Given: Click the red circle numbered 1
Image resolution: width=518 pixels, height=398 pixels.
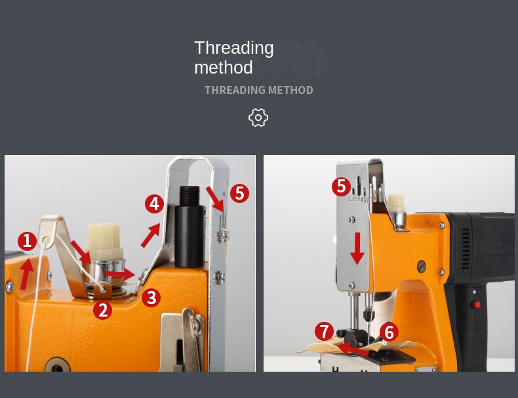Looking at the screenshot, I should (x=27, y=241).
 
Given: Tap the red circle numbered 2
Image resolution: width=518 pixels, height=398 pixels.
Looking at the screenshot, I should (x=102, y=310).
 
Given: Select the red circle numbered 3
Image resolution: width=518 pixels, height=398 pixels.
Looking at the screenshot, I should (x=151, y=298).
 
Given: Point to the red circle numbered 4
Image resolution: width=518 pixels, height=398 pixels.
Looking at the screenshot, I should (x=154, y=204).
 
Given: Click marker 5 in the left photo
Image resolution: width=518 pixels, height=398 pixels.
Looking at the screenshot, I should (x=239, y=193).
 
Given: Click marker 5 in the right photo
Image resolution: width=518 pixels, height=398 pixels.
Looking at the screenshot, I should (x=340, y=187).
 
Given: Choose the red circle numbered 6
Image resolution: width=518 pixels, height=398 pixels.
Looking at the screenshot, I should (x=389, y=332).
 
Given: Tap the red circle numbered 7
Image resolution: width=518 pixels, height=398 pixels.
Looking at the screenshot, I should (x=324, y=332).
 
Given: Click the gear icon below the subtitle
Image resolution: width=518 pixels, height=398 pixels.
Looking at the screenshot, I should (x=258, y=118).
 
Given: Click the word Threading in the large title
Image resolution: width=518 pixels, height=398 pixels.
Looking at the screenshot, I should (x=233, y=48).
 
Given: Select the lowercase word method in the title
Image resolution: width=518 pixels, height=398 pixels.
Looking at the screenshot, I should (x=223, y=68).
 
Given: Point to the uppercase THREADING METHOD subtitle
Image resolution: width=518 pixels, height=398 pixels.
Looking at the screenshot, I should (x=258, y=90).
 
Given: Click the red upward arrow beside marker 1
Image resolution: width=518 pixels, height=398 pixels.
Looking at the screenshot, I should (x=26, y=275).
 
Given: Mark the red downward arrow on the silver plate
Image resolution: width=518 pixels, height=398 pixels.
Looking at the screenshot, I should (x=357, y=248).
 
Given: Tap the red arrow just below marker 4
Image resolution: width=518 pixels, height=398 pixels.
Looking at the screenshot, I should (x=150, y=235).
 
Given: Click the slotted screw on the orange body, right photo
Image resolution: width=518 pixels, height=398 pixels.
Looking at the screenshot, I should (x=422, y=266).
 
